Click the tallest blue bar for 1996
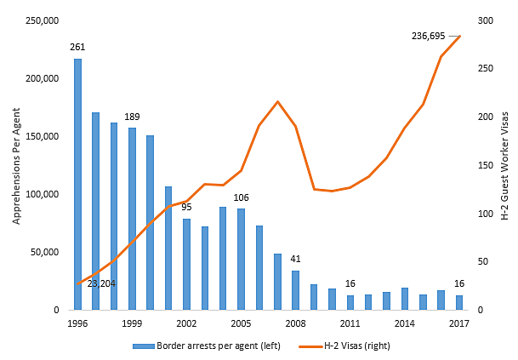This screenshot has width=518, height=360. [x=77, y=184]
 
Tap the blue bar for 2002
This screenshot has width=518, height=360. [x=186, y=265]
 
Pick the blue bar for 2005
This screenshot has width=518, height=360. [x=241, y=260]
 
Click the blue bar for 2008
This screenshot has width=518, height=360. [x=295, y=290]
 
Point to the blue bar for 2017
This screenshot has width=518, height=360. [x=459, y=303]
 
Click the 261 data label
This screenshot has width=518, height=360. [x=77, y=47]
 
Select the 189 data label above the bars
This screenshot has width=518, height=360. [x=132, y=116]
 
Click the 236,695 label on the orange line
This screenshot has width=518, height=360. [x=430, y=36]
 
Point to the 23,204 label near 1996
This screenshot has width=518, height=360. [x=101, y=283]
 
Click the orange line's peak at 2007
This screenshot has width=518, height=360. [x=277, y=101]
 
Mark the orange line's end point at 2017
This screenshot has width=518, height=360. [x=459, y=36]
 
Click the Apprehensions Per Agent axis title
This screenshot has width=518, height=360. [x=16, y=165]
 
